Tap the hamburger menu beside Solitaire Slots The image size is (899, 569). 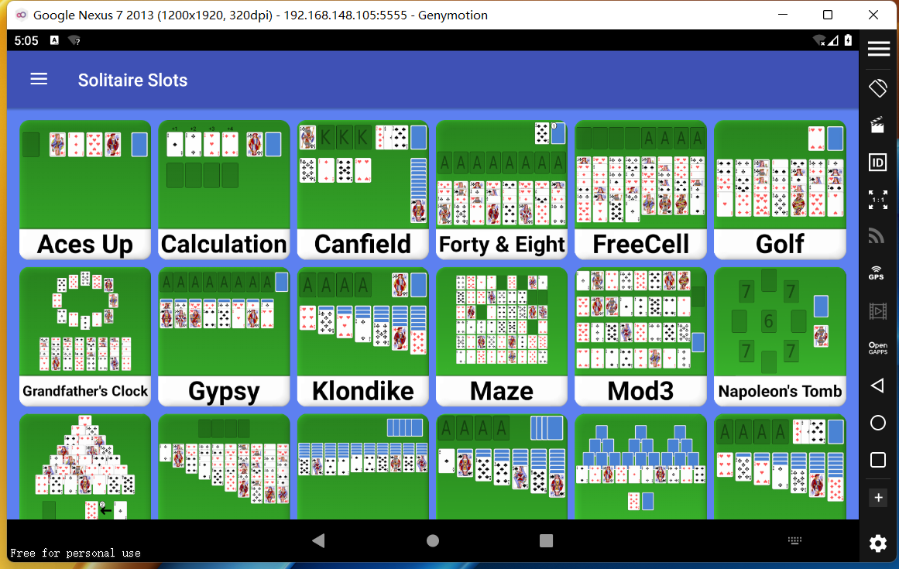(39, 79)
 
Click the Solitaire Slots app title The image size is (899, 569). (132, 81)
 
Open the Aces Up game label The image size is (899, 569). (85, 245)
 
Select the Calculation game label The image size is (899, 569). (224, 244)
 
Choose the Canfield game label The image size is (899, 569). (362, 244)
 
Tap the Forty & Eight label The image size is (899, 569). (502, 245)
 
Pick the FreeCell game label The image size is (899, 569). (640, 244)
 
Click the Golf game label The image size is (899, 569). (780, 244)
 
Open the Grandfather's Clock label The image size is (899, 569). (85, 392)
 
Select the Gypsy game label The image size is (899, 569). (224, 392)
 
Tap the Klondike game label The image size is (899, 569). (362, 392)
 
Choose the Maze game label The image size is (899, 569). (502, 392)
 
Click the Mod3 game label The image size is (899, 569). (640, 392)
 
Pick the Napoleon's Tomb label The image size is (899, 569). (780, 392)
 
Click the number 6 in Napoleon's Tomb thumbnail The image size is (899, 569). (768, 321)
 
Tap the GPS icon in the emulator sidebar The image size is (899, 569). (877, 273)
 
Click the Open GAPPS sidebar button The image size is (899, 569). (878, 348)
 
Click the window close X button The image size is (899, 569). (873, 15)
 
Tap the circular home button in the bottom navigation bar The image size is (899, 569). (433, 540)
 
